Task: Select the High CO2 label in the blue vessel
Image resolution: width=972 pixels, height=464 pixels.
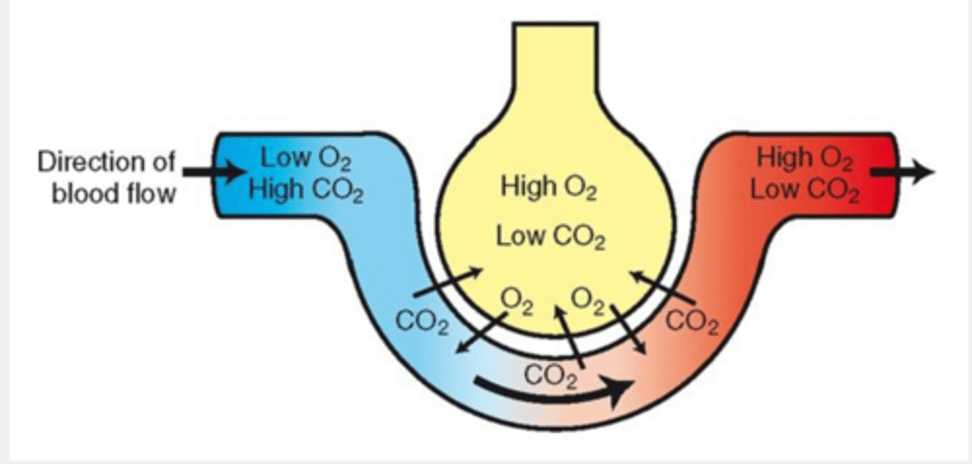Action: click(306, 191)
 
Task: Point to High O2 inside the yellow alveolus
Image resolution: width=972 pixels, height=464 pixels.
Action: click(548, 187)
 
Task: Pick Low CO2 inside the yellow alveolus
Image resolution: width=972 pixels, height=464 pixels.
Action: click(551, 237)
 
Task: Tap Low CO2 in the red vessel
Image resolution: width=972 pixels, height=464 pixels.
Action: click(805, 191)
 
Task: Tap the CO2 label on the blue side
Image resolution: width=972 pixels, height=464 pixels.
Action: click(423, 322)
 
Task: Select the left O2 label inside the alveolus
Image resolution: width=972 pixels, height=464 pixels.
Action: click(516, 301)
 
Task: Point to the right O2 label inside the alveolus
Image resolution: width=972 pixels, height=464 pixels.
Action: click(589, 301)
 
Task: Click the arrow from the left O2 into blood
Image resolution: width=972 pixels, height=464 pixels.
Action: click(481, 332)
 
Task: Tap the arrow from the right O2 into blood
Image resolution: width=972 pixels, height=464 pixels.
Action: click(629, 330)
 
